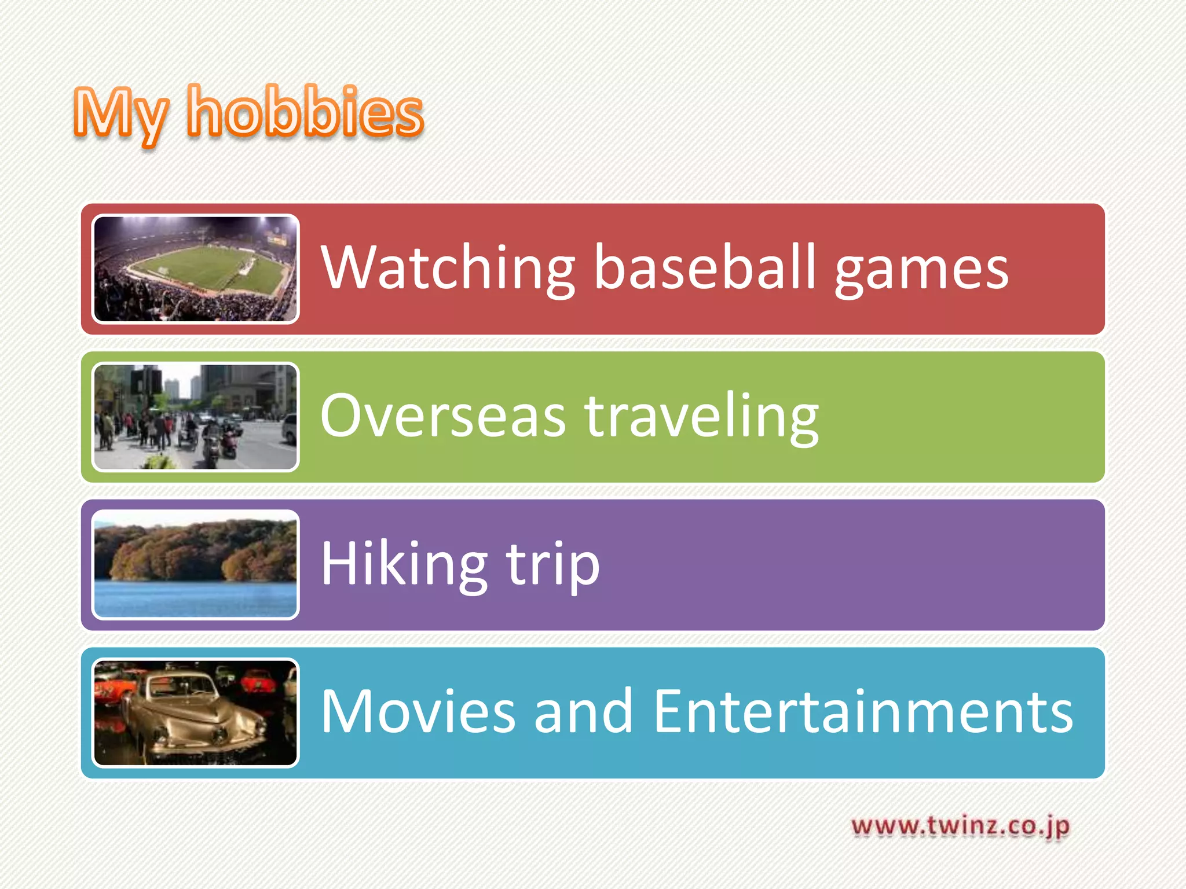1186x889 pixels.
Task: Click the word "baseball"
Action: [x=705, y=267]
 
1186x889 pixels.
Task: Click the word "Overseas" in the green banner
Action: [x=443, y=416]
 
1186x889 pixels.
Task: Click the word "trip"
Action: [x=553, y=566]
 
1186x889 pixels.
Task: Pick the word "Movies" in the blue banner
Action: [x=418, y=711]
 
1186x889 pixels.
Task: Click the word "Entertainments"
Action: [x=863, y=711]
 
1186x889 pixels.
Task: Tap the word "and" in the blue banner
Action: [x=583, y=711]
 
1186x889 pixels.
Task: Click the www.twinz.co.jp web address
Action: [x=960, y=826]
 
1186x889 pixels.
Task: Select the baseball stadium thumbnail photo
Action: [x=196, y=269]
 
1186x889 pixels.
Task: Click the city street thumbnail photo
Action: [x=196, y=417]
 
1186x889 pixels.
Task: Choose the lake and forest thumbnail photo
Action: [x=196, y=565]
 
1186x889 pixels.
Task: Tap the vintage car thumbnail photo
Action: [x=196, y=713]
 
